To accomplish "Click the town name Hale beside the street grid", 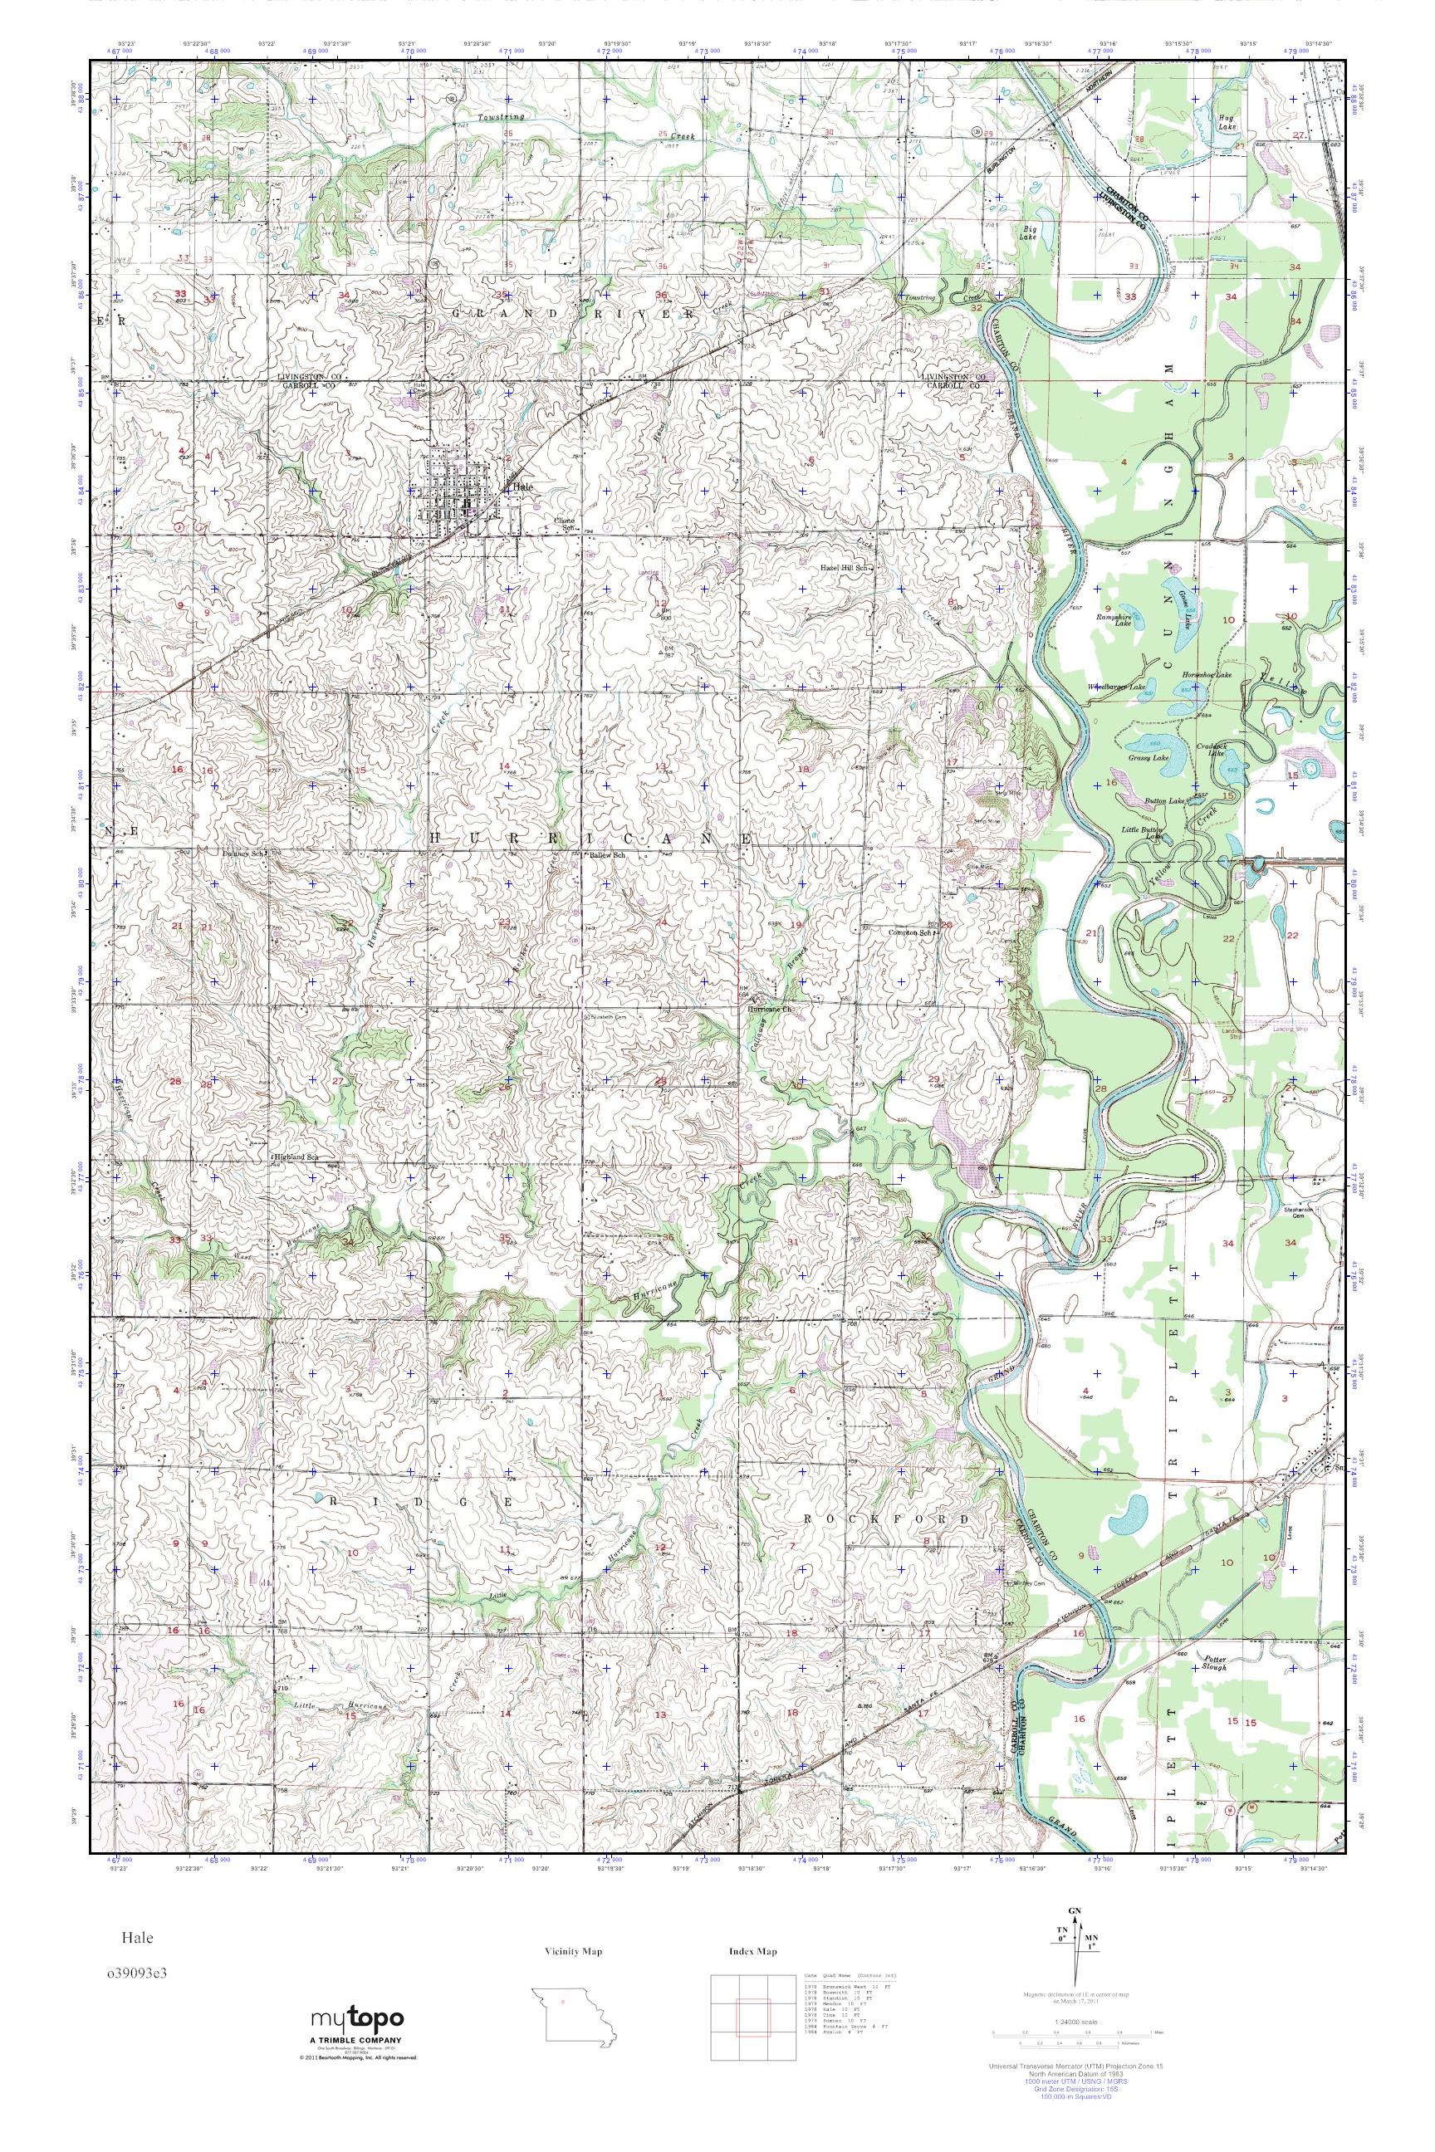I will (x=522, y=487).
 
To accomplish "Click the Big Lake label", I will (x=1031, y=230).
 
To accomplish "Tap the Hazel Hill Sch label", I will (x=846, y=568).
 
